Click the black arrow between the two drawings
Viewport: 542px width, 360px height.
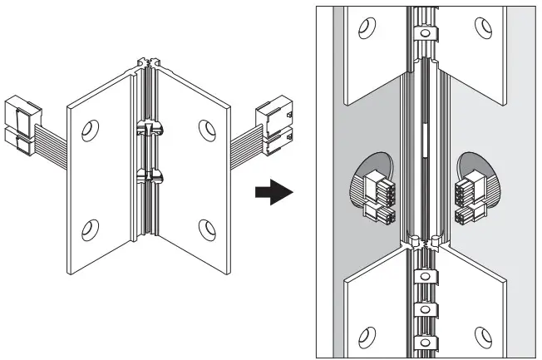click(x=272, y=193)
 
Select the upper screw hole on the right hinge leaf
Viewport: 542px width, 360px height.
click(x=205, y=129)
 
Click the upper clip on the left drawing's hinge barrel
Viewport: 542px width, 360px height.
click(x=147, y=129)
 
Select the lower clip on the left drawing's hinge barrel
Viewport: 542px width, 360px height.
click(x=148, y=175)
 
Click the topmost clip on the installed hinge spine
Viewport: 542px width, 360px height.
click(x=425, y=35)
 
